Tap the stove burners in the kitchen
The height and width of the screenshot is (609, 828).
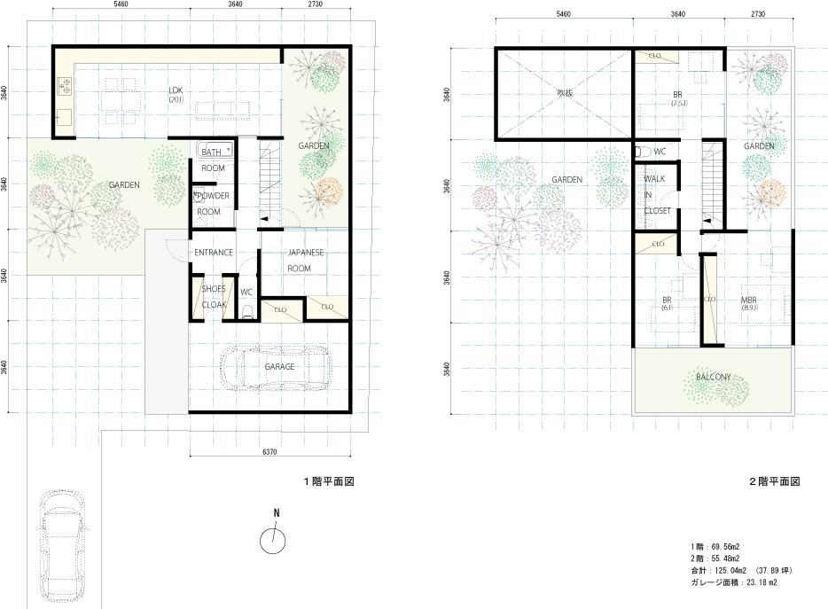(65, 86)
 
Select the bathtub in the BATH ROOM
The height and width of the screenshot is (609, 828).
(214, 151)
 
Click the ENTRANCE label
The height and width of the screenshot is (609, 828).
(213, 253)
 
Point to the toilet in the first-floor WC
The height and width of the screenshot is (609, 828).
(247, 309)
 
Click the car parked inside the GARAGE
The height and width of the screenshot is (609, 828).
(275, 367)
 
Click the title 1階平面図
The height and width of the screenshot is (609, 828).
(329, 481)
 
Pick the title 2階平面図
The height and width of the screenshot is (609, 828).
(774, 481)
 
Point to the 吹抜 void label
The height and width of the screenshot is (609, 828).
(565, 92)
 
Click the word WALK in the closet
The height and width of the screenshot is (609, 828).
(654, 179)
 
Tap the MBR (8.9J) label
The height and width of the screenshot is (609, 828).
(749, 303)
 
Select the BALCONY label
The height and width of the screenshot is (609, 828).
(713, 377)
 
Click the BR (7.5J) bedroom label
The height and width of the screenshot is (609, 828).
(677, 98)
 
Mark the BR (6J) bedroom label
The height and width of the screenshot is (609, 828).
(666, 303)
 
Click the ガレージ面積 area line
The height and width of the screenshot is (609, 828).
(734, 582)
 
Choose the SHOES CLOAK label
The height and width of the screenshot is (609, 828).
(213, 296)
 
